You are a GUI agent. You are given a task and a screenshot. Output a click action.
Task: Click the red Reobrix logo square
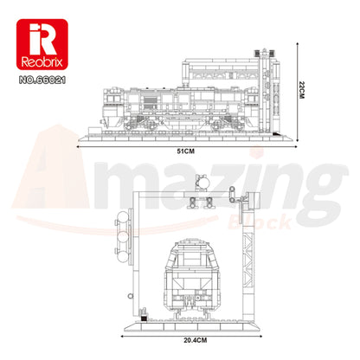[42, 44]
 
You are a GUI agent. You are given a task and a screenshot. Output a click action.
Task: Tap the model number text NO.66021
[42, 80]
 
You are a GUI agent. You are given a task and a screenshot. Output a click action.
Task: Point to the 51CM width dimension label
[186, 151]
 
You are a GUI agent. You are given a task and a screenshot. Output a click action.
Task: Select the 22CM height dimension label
[301, 90]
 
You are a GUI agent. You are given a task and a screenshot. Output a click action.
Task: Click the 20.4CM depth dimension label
[196, 340]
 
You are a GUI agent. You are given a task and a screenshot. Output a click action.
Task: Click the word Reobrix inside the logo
[42, 61]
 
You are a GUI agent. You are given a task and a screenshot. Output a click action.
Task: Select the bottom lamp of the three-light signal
[123, 256]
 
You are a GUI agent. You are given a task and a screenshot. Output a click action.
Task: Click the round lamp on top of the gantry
[202, 183]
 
